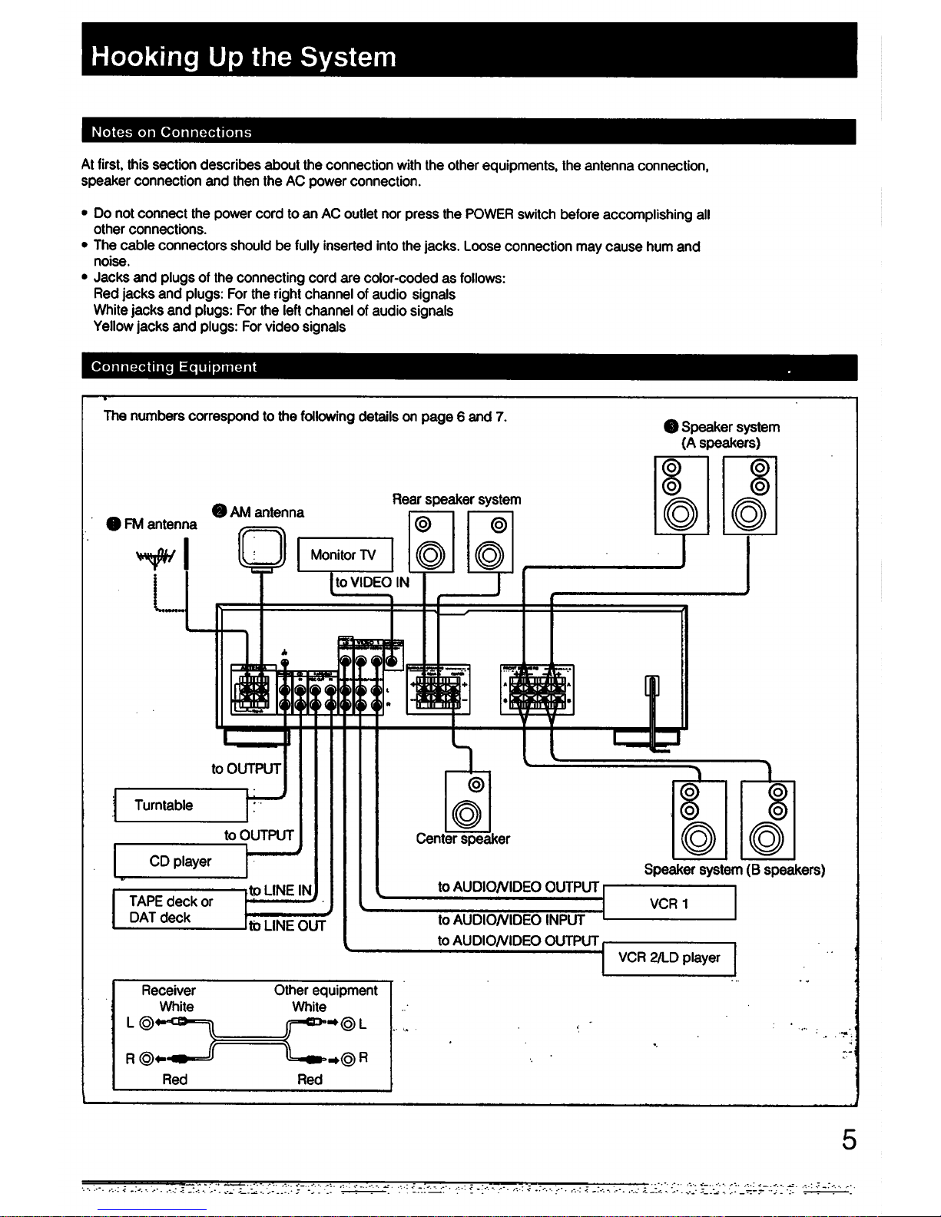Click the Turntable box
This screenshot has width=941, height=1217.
(181, 805)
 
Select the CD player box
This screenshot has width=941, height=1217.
(181, 861)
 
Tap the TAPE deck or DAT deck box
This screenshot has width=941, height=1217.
(179, 909)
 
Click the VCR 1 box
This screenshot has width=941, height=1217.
(669, 903)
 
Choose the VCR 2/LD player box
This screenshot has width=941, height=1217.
(669, 957)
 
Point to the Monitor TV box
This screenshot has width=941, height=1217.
(344, 554)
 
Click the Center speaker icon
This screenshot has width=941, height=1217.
(467, 801)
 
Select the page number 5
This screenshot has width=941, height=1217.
(847, 1139)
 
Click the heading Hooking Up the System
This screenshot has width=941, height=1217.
(244, 58)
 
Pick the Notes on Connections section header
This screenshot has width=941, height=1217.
(171, 132)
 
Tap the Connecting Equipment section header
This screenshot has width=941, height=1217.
(174, 367)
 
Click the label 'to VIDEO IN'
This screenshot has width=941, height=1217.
(372, 582)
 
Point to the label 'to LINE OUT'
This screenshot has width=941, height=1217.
(287, 925)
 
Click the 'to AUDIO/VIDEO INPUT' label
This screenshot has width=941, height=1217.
(511, 920)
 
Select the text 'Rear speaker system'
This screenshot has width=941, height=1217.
(456, 499)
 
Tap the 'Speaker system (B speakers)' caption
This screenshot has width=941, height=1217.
(734, 869)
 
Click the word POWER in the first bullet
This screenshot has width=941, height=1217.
(489, 214)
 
